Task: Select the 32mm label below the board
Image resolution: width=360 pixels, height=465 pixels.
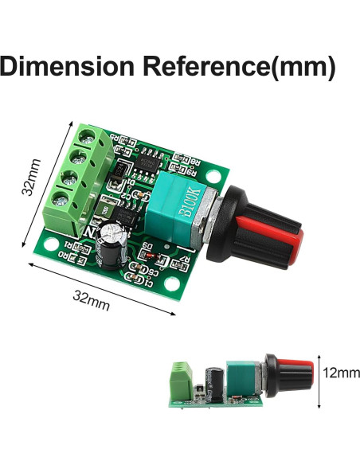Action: click(x=92, y=301)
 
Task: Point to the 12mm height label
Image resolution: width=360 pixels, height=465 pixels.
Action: click(x=337, y=372)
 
